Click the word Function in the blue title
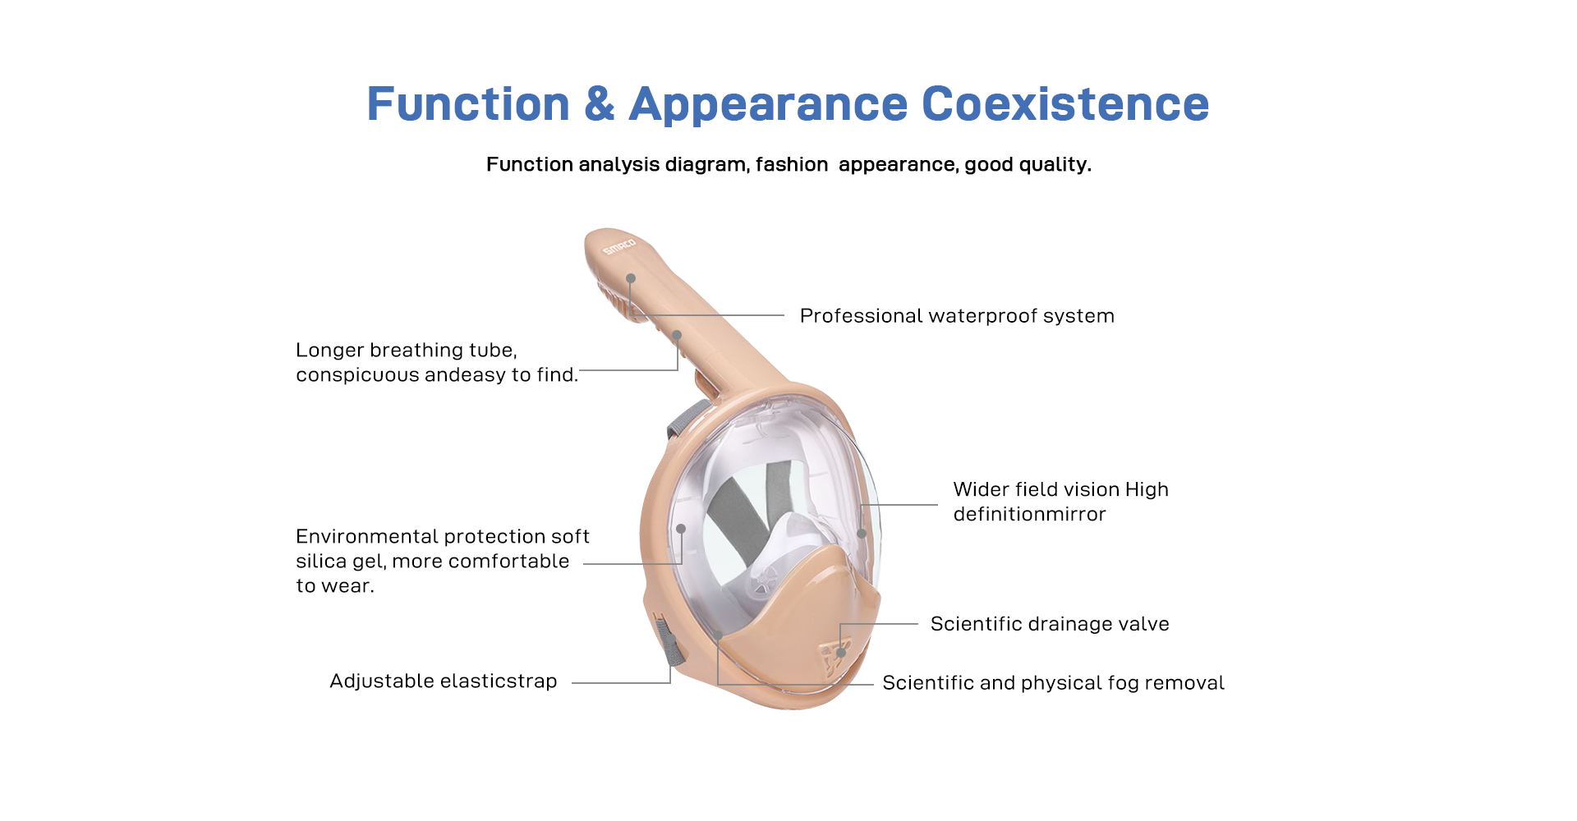pyautogui.click(x=468, y=104)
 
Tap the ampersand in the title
pyautogui.click(x=600, y=104)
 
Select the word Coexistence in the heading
pyautogui.click(x=1065, y=104)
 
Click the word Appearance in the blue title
pyautogui.click(x=769, y=106)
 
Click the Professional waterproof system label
pyautogui.click(x=957, y=316)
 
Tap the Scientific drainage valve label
pyautogui.click(x=1050, y=624)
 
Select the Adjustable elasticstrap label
pyautogui.click(x=444, y=681)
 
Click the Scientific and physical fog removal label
pyautogui.click(x=1053, y=683)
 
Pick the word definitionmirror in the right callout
pyautogui.click(x=1030, y=514)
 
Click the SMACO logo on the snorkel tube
pyautogui.click(x=619, y=246)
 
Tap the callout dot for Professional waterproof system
pyautogui.click(x=631, y=278)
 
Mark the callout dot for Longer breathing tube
pyautogui.click(x=678, y=335)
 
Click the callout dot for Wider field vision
pyautogui.click(x=862, y=534)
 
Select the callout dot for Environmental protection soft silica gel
pyautogui.click(x=681, y=529)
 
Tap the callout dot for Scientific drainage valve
pyautogui.click(x=841, y=654)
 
